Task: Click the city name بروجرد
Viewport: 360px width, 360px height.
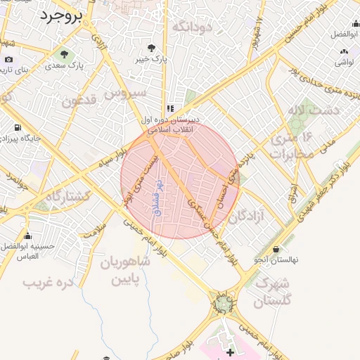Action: click(x=63, y=15)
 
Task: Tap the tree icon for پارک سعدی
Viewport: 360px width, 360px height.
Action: click(x=65, y=53)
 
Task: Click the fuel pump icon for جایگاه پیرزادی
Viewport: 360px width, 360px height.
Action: click(x=17, y=127)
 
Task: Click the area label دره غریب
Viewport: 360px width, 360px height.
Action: click(x=49, y=283)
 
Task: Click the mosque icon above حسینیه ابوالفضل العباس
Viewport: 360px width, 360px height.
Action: click(x=27, y=236)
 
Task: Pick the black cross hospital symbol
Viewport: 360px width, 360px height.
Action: click(x=231, y=351)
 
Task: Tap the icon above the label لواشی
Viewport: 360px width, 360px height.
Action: click(x=343, y=51)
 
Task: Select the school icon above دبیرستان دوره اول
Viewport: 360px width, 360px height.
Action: click(x=169, y=109)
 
